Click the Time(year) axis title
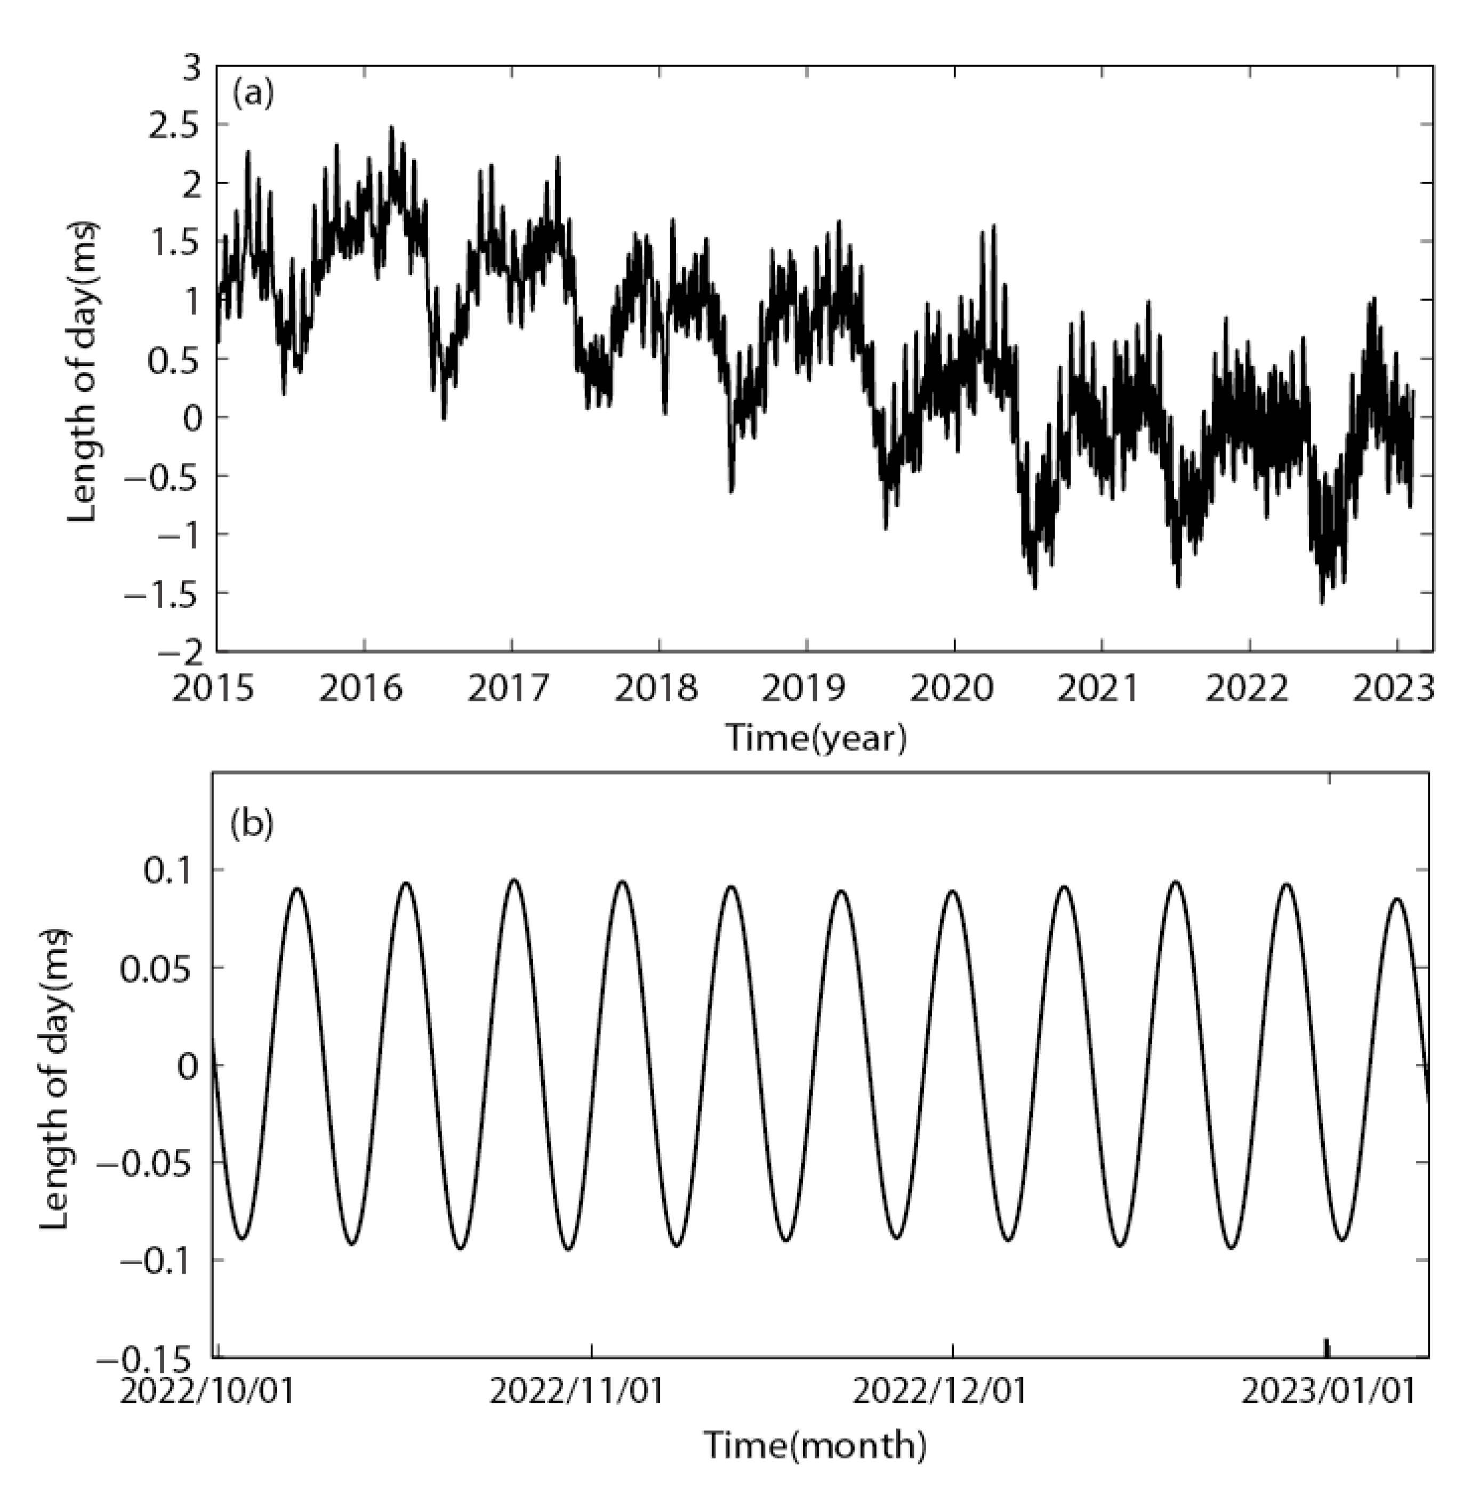click(816, 738)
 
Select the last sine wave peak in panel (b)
click(1397, 898)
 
